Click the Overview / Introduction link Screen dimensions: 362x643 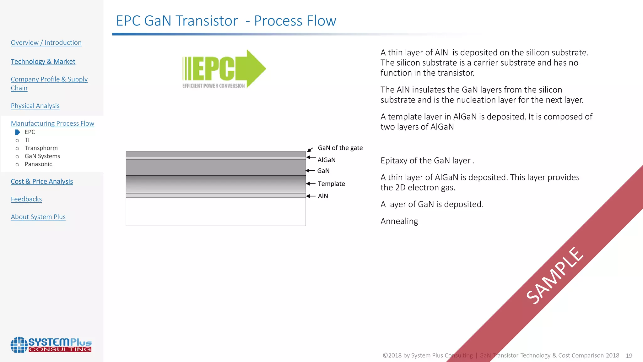(46, 43)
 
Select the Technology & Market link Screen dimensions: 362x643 (43, 62)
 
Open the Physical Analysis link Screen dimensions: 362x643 (35, 106)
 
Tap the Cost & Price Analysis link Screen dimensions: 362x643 (42, 182)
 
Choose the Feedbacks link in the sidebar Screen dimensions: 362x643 (26, 199)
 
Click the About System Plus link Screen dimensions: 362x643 (38, 217)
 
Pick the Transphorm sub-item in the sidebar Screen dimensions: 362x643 (41, 148)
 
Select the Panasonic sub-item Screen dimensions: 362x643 (38, 164)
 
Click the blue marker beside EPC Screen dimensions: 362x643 (18, 132)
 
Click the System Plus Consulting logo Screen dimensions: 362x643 (51, 345)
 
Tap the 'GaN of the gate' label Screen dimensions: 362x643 (340, 148)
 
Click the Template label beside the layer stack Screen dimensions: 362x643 (331, 184)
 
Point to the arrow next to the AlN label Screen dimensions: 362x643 (311, 196)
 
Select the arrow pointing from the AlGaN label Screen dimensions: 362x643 (311, 157)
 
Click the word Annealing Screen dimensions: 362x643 (399, 221)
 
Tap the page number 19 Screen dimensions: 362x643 (629, 356)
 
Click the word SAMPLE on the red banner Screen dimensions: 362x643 (555, 276)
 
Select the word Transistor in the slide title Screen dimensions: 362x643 (207, 21)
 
